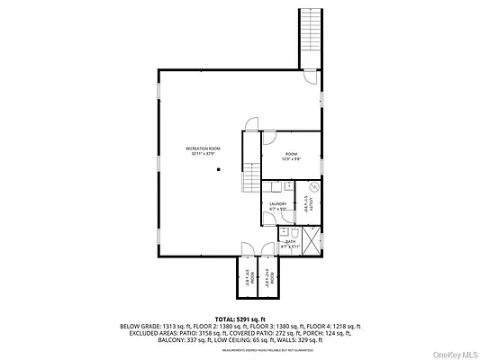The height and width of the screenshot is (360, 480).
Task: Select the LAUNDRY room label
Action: click(277, 206)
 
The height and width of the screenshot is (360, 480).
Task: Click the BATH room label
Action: click(291, 243)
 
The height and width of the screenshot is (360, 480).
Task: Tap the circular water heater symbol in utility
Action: click(313, 188)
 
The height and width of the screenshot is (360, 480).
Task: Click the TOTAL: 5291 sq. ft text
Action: click(239, 319)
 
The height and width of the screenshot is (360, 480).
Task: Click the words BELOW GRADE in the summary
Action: click(136, 327)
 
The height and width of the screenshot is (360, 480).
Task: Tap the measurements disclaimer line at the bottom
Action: click(240, 352)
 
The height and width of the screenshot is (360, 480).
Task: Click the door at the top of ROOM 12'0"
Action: click(269, 138)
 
